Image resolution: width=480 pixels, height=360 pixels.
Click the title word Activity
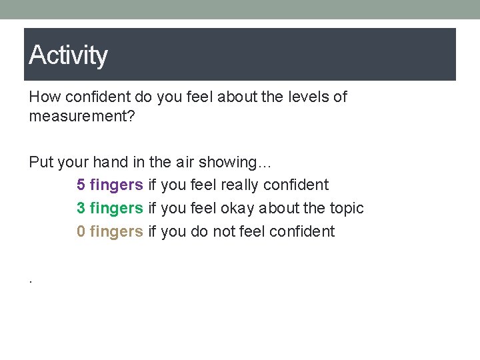(x=68, y=55)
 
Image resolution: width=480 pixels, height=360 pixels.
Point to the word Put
(x=39, y=162)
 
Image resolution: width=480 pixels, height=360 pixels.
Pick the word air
(x=188, y=162)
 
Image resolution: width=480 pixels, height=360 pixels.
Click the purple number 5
(x=81, y=185)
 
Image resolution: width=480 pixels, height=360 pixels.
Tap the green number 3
(x=81, y=208)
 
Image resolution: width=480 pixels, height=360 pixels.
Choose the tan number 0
(x=81, y=231)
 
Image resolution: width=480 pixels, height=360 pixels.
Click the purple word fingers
(x=116, y=185)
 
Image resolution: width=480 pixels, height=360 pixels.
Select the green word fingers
(x=116, y=209)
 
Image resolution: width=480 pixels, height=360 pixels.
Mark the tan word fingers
(x=116, y=232)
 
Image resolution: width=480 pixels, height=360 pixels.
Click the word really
(x=239, y=185)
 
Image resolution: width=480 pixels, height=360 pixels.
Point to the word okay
(x=237, y=208)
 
